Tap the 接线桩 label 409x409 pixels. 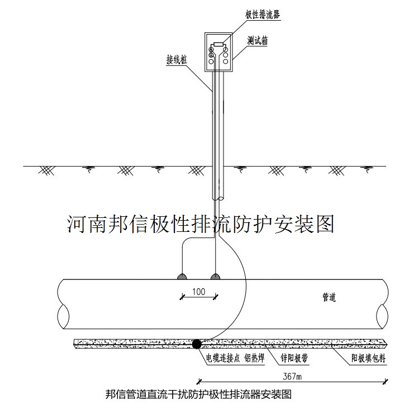[177, 58]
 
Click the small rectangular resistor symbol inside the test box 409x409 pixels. [218, 44]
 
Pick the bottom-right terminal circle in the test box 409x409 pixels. [226, 61]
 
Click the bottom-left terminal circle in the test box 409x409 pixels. [211, 61]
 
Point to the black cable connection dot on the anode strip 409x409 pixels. [197, 344]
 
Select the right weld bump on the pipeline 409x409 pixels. [215, 276]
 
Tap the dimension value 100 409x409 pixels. [198, 291]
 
